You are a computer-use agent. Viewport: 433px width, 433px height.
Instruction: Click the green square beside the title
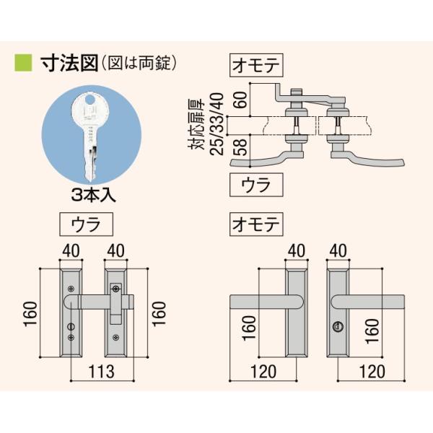(23, 63)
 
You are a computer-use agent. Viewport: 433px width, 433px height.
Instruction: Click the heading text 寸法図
(69, 64)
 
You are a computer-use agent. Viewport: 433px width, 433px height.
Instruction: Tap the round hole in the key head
(90, 99)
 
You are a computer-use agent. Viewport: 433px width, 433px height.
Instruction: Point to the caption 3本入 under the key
(93, 196)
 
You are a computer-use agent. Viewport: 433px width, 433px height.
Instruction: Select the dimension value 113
(101, 372)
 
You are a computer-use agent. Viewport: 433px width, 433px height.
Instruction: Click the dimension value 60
(241, 100)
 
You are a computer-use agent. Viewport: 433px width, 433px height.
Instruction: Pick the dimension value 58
(241, 147)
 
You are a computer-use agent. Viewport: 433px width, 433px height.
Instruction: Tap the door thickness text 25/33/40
(217, 124)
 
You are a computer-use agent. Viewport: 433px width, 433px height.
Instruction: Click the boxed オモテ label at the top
(256, 65)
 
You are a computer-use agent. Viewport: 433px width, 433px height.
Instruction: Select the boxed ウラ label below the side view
(256, 185)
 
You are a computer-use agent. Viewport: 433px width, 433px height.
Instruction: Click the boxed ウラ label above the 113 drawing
(86, 224)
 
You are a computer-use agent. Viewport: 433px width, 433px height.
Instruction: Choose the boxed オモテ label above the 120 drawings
(256, 224)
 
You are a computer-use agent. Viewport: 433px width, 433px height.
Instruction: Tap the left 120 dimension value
(263, 372)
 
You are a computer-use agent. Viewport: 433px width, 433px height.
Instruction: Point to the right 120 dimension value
(372, 372)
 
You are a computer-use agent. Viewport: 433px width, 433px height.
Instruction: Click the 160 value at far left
(30, 314)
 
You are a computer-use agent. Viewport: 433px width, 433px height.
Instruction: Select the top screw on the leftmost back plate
(71, 289)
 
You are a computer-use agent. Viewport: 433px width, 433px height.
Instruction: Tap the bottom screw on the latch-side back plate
(116, 337)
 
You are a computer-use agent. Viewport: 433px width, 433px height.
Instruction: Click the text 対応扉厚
(196, 124)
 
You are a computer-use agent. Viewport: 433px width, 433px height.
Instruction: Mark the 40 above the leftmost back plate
(71, 250)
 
